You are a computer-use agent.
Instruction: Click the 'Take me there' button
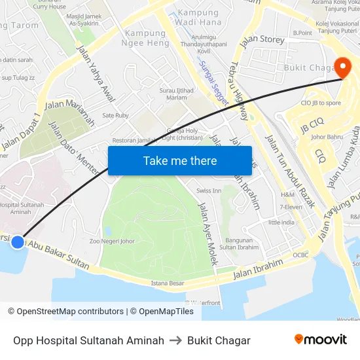coord(180,160)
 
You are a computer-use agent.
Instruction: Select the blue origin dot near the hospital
coord(18,242)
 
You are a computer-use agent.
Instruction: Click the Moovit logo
coord(321,340)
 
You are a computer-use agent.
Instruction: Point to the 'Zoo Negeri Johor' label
coord(112,241)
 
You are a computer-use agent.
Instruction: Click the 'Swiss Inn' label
coord(209,190)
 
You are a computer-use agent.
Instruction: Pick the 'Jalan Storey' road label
coord(262,41)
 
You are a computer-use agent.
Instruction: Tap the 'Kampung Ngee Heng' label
coord(145,38)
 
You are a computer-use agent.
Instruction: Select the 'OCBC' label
coord(300,255)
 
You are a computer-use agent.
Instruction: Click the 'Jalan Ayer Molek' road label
coord(207,232)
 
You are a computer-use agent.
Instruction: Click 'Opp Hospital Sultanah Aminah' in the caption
coord(88,340)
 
